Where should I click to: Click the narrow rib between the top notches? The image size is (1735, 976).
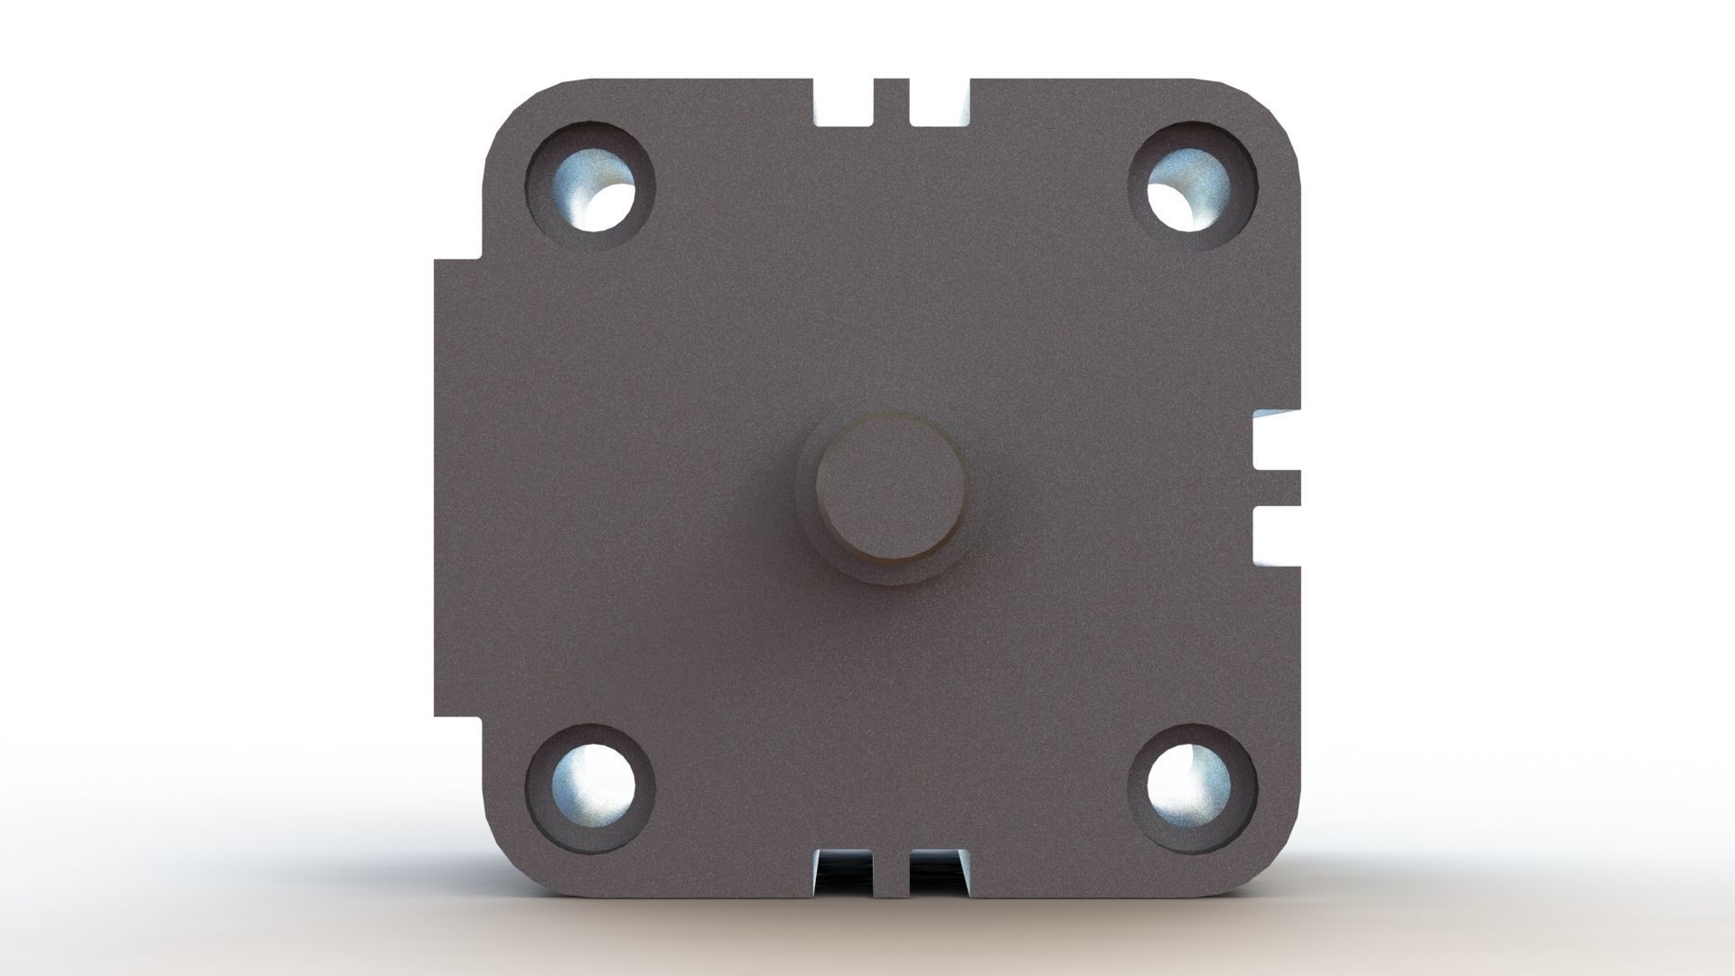click(891, 99)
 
